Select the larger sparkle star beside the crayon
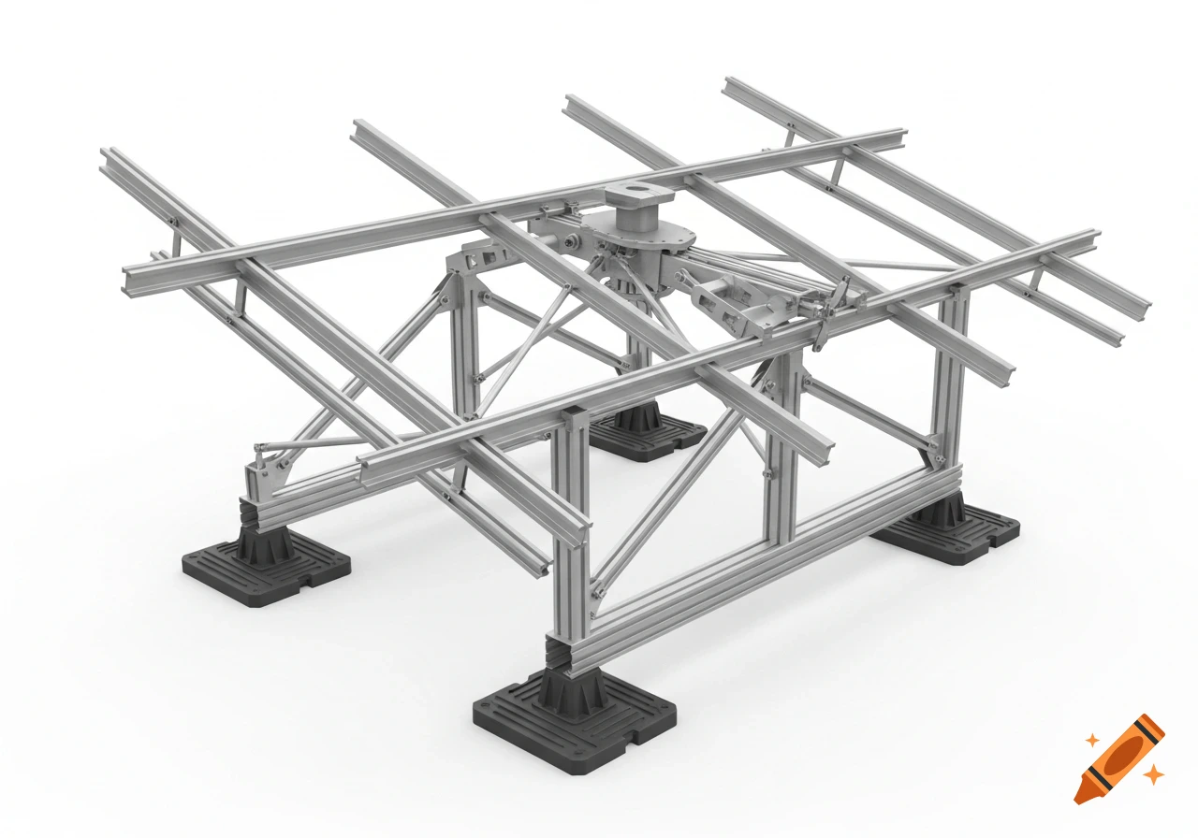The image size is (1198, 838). (x=1155, y=773)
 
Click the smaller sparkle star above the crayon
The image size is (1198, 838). (x=1091, y=740)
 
